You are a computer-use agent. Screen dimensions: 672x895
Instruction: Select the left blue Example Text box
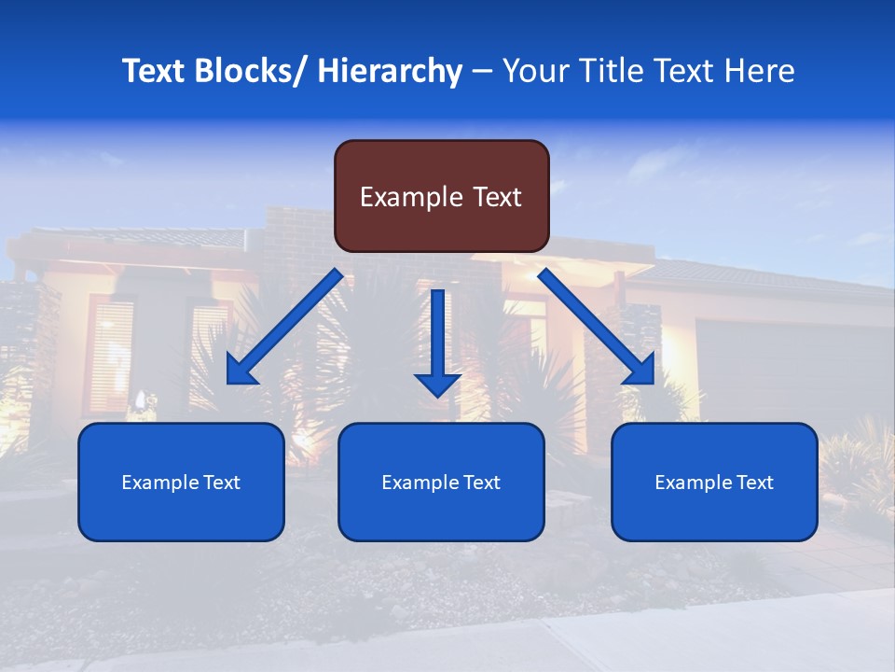pyautogui.click(x=181, y=482)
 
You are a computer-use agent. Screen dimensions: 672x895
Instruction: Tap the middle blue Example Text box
pyautogui.click(x=441, y=482)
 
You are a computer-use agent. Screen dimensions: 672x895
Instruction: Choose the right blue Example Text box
pyautogui.click(x=714, y=482)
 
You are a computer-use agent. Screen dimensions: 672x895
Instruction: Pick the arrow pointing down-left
pyautogui.click(x=284, y=327)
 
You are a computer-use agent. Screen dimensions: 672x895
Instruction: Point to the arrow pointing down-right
pyautogui.click(x=597, y=327)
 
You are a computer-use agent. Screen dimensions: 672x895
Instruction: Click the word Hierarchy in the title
pyautogui.click(x=390, y=71)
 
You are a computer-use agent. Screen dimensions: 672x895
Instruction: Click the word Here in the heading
pyautogui.click(x=760, y=71)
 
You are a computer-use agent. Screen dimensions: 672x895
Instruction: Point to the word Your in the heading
pyautogui.click(x=535, y=71)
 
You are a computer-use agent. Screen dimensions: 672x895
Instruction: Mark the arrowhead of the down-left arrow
pyautogui.click(x=241, y=371)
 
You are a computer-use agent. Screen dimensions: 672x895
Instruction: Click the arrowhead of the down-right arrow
pyautogui.click(x=640, y=371)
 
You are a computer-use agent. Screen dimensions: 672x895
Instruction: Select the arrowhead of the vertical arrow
pyautogui.click(x=438, y=384)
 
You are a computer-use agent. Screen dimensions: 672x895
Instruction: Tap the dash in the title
pyautogui.click(x=482, y=72)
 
